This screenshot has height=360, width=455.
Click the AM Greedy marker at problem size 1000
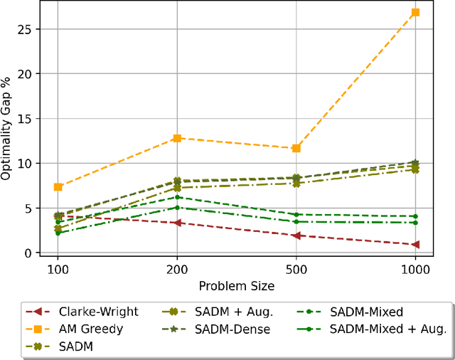pos(415,12)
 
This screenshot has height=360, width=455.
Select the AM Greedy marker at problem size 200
pos(177,138)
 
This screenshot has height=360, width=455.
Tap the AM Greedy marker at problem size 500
pos(296,148)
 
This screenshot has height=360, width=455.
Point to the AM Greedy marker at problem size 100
pos(58,186)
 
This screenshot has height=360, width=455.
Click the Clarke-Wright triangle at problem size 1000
pos(415,244)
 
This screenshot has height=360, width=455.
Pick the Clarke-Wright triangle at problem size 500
pos(296,235)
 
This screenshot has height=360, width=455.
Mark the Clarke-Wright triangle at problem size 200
pos(177,223)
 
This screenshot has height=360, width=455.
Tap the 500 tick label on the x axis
pos(296,270)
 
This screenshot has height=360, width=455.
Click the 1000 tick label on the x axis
pos(415,270)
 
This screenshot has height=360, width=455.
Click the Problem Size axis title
pos(236,285)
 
